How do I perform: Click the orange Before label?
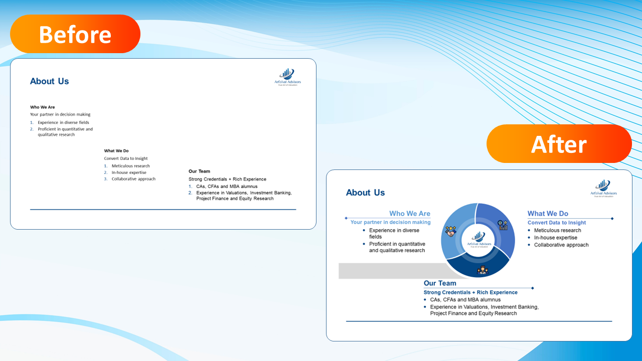75,34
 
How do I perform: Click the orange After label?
559,144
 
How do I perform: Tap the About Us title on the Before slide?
50,81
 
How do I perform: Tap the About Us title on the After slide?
366,193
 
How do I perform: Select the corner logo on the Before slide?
288,77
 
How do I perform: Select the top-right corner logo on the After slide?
603,188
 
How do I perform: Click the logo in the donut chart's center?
478,239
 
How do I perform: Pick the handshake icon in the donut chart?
450,231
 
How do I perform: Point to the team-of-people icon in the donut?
482,270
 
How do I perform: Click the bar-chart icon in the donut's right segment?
503,225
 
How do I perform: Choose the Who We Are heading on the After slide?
410,214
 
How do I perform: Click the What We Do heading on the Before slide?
116,151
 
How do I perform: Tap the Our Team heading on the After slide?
440,283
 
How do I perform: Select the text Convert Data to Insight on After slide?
557,223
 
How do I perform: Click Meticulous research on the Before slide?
130,166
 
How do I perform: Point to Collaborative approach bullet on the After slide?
561,245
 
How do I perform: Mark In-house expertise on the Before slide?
129,172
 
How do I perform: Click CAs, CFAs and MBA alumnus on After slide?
465,300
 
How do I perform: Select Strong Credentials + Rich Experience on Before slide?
227,179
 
